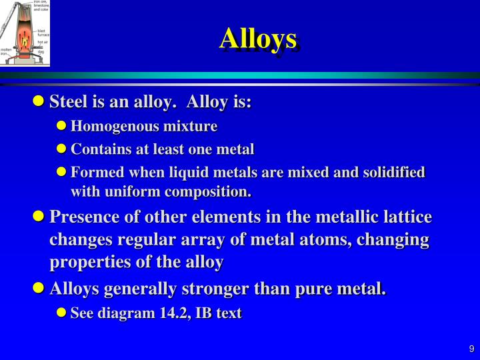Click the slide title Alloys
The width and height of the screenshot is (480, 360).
pyautogui.click(x=259, y=39)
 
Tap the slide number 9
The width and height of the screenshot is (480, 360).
pyautogui.click(x=471, y=349)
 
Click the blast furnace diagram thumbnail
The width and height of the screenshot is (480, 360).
pyautogui.click(x=25, y=33)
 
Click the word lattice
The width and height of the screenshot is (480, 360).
pyautogui.click(x=406, y=217)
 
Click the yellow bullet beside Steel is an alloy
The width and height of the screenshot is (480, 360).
pyautogui.click(x=38, y=102)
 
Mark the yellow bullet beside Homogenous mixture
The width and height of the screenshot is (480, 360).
pyautogui.click(x=61, y=126)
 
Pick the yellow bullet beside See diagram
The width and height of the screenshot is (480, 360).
pyautogui.click(x=61, y=313)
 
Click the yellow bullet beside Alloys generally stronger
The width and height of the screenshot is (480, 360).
pyautogui.click(x=38, y=289)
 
